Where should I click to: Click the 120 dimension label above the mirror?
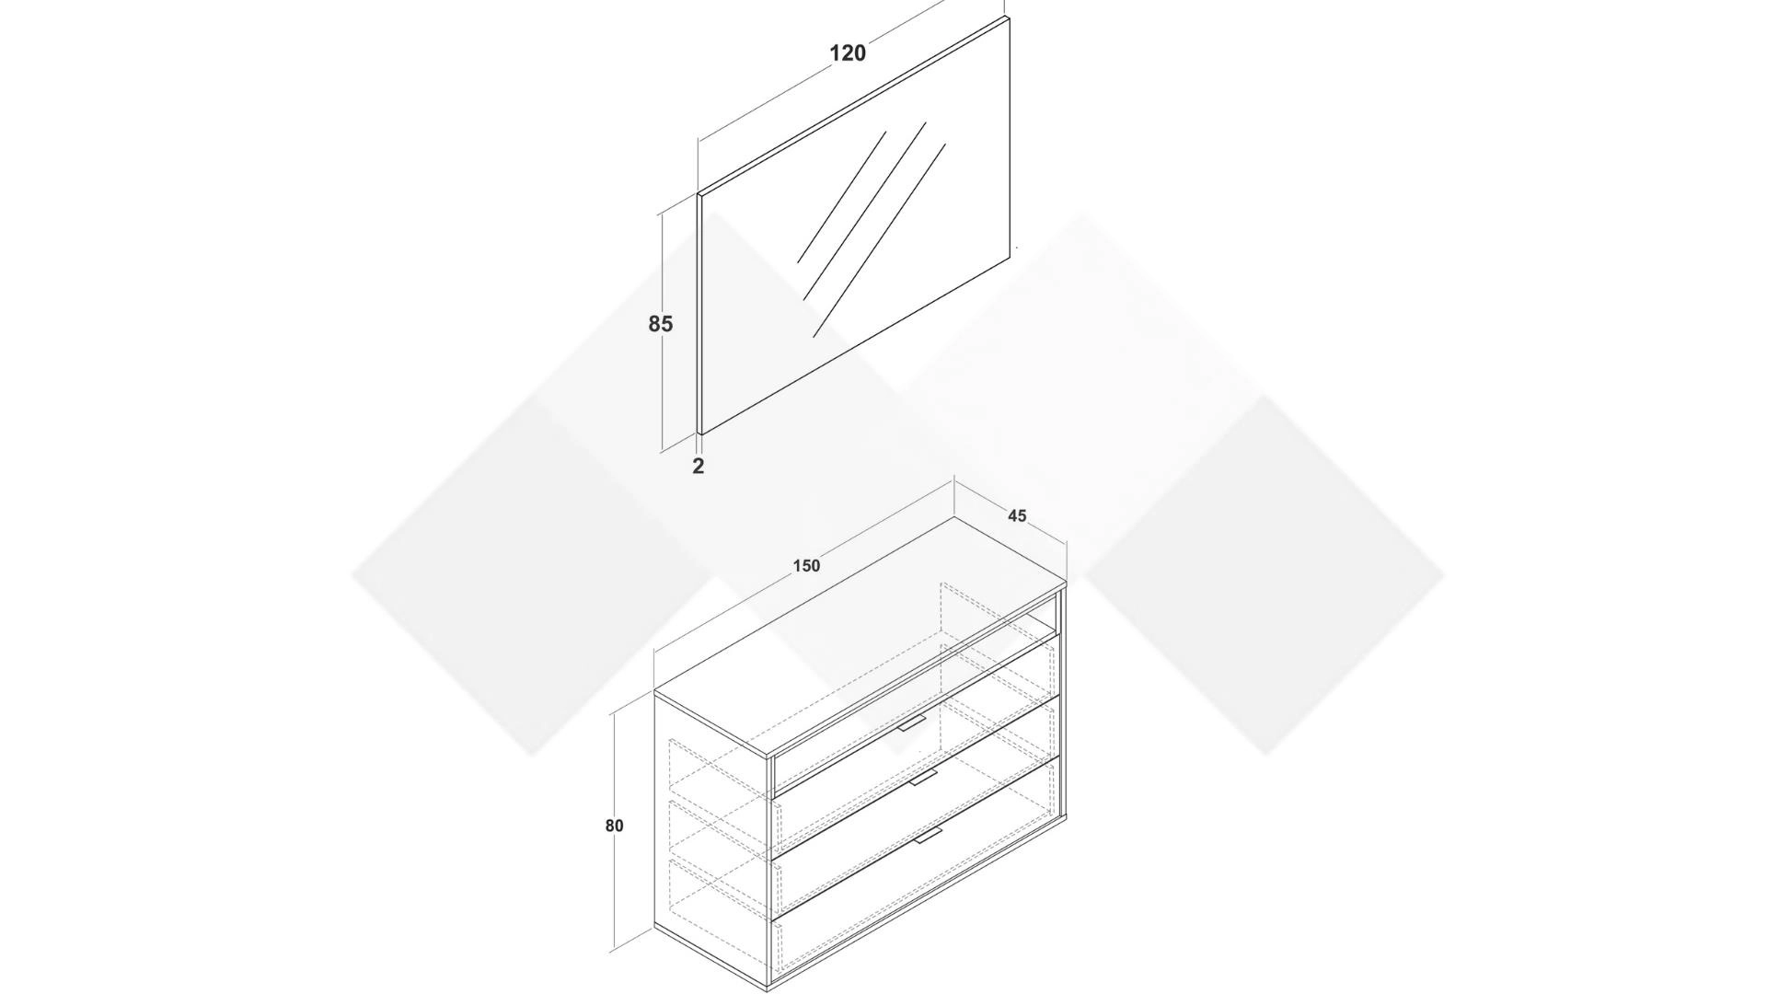[848, 53]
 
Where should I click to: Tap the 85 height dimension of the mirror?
[661, 324]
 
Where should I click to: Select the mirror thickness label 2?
[699, 466]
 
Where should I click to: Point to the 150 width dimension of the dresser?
[806, 566]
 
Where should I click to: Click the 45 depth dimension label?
[1017, 516]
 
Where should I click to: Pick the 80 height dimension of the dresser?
[614, 826]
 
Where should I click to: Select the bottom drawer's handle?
[929, 836]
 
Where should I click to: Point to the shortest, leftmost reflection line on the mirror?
[841, 198]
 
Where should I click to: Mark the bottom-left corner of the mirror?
[702, 433]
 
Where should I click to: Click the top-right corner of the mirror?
[1008, 17]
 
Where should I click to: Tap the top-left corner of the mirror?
[699, 194]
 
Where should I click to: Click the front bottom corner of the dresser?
[768, 988]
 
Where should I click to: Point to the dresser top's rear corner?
[954, 516]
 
